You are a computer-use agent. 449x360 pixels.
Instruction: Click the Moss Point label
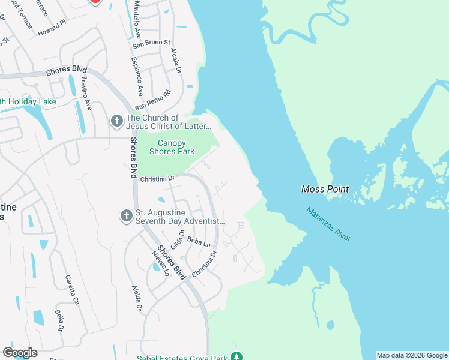click(325, 189)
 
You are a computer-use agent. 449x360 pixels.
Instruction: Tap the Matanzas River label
click(328, 224)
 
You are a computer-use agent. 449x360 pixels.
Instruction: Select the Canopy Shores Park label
click(176, 147)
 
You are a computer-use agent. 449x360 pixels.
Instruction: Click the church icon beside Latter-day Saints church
click(117, 122)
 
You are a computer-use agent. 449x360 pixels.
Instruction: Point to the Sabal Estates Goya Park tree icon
click(237, 357)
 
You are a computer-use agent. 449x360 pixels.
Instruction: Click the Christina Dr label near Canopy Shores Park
click(157, 178)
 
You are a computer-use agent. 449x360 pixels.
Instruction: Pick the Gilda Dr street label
click(176, 241)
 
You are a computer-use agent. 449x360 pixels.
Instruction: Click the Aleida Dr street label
click(137, 298)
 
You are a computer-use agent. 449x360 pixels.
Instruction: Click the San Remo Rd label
click(153, 100)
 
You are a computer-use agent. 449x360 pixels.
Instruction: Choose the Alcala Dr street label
click(176, 61)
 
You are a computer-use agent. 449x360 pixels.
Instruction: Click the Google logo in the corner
click(20, 353)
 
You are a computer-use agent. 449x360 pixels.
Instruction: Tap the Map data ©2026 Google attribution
click(412, 355)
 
